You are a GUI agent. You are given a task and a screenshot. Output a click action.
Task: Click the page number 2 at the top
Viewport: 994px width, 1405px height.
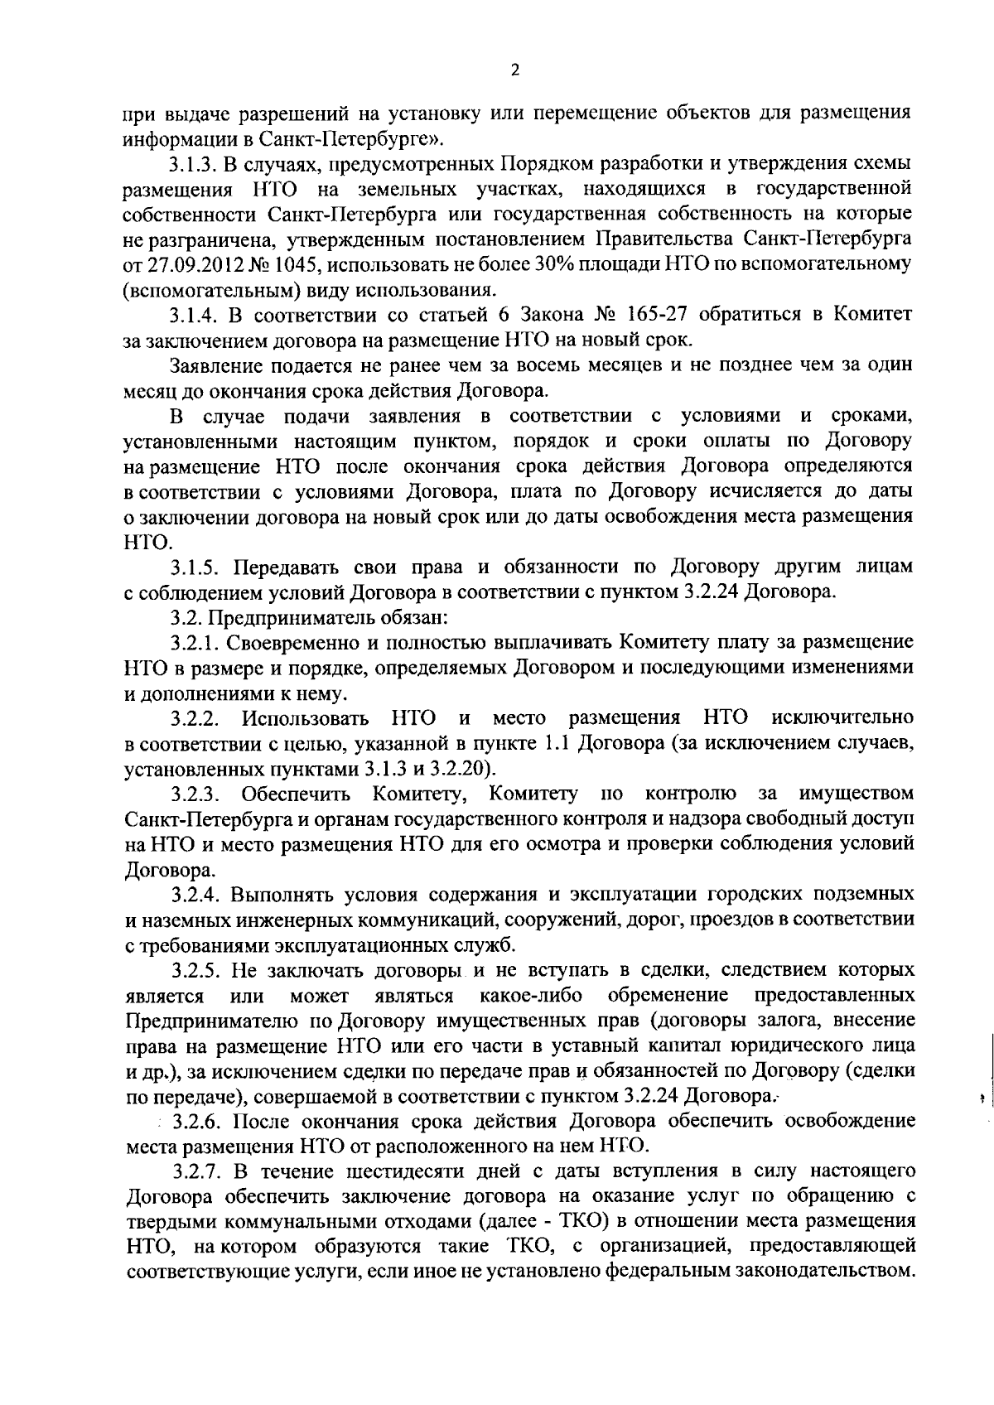[x=514, y=71]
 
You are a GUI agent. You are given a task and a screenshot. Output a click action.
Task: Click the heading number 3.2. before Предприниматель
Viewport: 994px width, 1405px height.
[x=186, y=617]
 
